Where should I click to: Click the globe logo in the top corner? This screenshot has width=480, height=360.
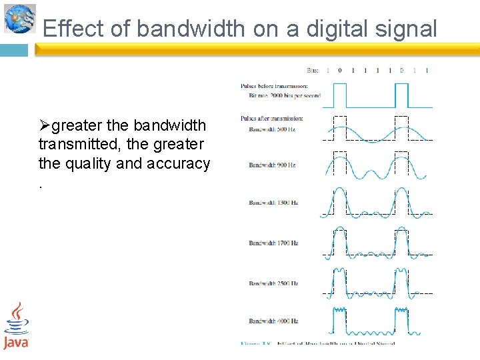(19, 18)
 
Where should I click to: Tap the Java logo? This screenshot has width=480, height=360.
(16, 325)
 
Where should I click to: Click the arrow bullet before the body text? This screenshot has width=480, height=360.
(45, 125)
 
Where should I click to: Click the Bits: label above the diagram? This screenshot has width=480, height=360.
(313, 70)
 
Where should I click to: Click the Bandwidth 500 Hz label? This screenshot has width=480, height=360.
(273, 129)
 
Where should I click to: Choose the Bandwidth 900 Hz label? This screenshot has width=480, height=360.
(273, 165)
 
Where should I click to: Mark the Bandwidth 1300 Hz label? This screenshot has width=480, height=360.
(274, 203)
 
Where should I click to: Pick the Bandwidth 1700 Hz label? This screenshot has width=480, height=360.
(274, 243)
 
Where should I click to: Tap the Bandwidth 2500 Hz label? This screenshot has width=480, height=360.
(274, 283)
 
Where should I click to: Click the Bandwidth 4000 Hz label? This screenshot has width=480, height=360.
(274, 321)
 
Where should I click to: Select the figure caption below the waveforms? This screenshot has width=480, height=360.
(317, 343)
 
